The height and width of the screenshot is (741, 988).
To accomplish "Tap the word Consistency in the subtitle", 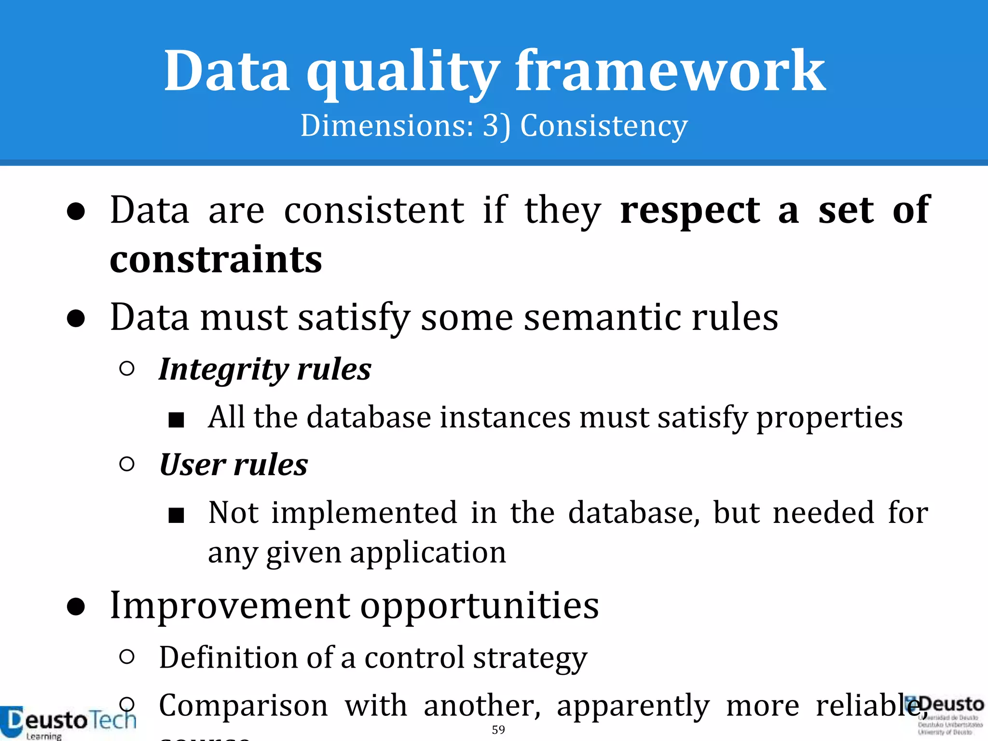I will [x=604, y=126].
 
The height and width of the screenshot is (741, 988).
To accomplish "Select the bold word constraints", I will [x=216, y=260].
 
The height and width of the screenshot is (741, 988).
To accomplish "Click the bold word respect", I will [x=690, y=211].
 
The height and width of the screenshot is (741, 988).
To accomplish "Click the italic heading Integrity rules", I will [x=265, y=370].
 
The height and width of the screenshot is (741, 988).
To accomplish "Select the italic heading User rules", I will [x=233, y=465].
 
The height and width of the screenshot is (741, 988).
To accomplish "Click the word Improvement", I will [x=230, y=605].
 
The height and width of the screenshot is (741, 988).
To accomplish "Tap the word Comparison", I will [x=244, y=706].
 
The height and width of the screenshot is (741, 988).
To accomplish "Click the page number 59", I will [x=498, y=730].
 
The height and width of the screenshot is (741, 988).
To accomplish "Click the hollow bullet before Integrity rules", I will [x=126, y=369].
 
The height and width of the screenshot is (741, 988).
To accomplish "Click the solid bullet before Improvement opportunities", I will [x=76, y=607].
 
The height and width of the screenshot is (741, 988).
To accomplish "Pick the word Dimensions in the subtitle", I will [x=386, y=126].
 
